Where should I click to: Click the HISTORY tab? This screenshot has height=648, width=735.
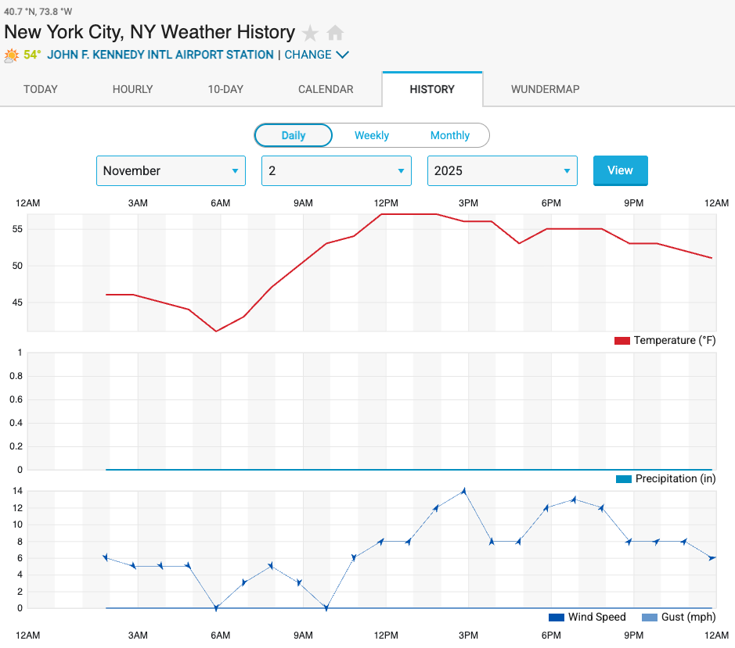tap(432, 89)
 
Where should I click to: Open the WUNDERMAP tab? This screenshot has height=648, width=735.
tap(545, 89)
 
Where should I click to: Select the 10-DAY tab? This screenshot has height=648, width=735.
tap(225, 89)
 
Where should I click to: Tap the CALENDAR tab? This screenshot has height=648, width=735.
tap(326, 89)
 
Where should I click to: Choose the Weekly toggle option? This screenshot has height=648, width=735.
tap(371, 135)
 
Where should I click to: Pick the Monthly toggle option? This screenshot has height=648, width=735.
tap(450, 135)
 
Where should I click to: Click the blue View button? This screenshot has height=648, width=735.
tap(620, 170)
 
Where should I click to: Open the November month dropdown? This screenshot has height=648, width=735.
tap(171, 171)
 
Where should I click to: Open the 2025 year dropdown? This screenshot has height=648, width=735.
tap(502, 171)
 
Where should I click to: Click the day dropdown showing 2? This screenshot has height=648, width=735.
tap(336, 171)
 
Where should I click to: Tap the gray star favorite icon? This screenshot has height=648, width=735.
tap(311, 33)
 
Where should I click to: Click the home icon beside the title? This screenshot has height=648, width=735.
tap(335, 33)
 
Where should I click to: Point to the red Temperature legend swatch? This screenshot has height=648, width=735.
tap(622, 341)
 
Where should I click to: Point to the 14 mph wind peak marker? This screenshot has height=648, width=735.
tap(464, 491)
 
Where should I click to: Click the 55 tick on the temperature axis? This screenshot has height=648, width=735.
tap(16, 229)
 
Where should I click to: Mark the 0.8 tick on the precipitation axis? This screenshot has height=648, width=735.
tap(14, 376)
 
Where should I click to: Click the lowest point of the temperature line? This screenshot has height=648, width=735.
tap(217, 331)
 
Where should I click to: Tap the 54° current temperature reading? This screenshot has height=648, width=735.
tap(32, 55)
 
